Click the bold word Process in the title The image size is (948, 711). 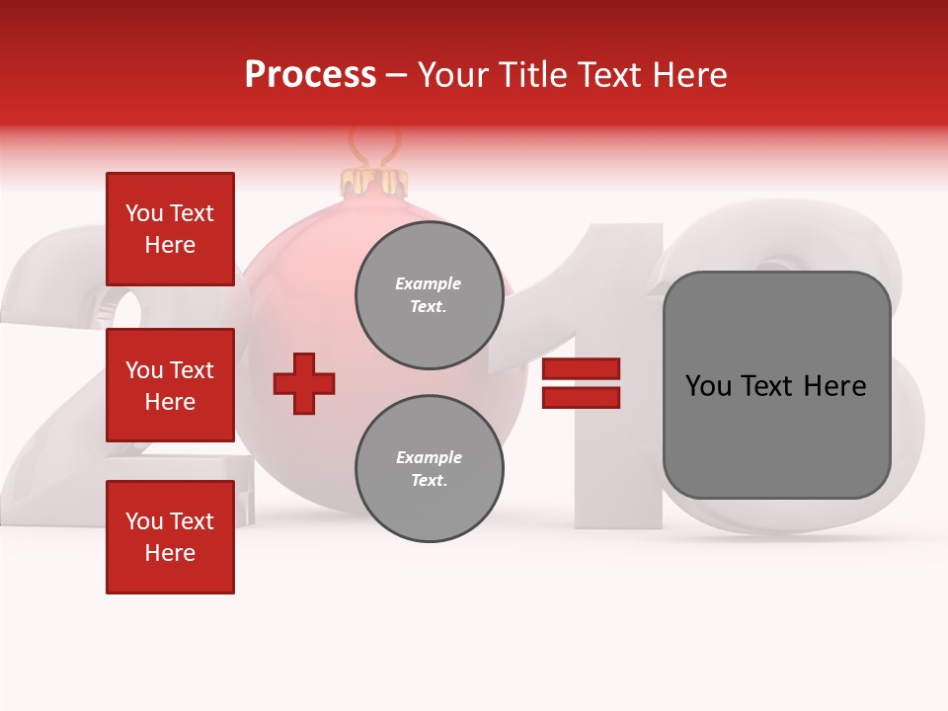310,75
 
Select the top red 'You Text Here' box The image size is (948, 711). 170,229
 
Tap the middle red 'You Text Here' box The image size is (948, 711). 170,385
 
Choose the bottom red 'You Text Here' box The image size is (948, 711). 170,536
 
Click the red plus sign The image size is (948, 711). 304,382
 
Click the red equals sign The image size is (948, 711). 581,383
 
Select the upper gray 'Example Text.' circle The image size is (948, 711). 429,294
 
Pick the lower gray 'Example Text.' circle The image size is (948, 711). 429,468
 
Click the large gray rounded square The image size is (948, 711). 776,384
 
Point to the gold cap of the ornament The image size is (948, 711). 374,181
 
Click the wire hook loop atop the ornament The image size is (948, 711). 375,148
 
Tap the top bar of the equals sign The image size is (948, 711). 581,369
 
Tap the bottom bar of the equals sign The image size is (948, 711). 581,397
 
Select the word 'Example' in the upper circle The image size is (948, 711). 429,283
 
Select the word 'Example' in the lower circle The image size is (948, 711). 429,457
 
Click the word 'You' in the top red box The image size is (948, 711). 144,213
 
